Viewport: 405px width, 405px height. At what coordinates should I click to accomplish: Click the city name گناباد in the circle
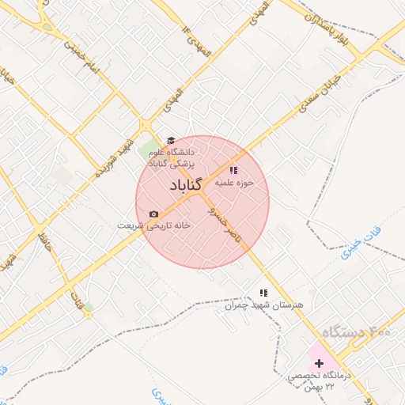(187, 185)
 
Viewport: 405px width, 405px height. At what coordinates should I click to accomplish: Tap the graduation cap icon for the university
(170, 140)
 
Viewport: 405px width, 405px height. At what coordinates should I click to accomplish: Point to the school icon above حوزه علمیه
(233, 169)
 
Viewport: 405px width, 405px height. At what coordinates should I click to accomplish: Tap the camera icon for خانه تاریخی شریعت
(153, 214)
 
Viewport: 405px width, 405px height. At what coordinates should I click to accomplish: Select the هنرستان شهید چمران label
(268, 305)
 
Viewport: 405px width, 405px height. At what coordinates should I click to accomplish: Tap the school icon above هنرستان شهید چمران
(263, 293)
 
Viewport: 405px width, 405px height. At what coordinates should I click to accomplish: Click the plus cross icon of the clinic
(319, 361)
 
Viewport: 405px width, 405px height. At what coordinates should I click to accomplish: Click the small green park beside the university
(148, 149)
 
